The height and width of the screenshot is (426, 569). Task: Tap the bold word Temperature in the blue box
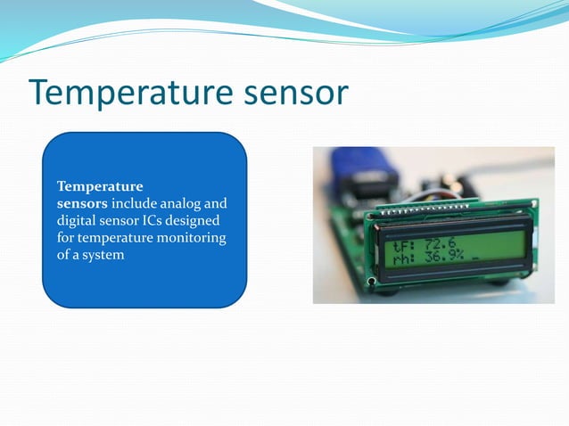[100, 187]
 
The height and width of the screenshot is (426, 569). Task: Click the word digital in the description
[75, 221]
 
